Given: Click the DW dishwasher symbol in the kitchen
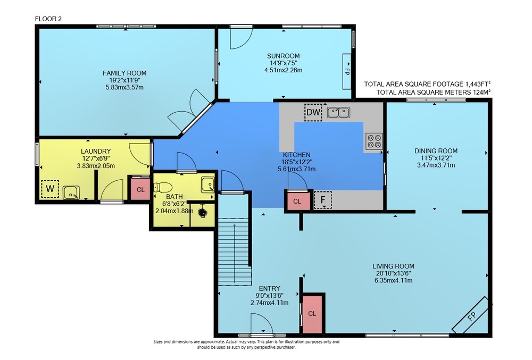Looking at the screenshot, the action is point(313,112).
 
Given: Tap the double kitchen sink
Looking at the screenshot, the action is point(338,112).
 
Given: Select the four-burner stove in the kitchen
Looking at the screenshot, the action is point(374,141).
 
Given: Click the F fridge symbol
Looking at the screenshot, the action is point(322,199).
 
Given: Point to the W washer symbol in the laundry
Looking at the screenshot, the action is point(50,189).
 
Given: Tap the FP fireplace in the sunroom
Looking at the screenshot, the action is point(347,72).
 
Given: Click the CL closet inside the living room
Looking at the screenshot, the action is point(312,314).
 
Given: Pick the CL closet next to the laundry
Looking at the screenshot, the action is point(140,189).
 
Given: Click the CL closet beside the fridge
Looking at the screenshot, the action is point(297,202).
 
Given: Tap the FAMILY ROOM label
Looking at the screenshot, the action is point(124,73).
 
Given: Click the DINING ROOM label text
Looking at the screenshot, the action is point(436,151).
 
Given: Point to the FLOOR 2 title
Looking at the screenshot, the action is point(48,19).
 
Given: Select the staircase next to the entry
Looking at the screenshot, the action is point(235,251).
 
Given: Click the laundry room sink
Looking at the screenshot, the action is point(71,192).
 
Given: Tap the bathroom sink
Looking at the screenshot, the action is point(207,185).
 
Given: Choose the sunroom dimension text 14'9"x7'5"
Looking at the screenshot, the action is point(284,63).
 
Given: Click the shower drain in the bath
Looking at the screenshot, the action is point(203,213).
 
